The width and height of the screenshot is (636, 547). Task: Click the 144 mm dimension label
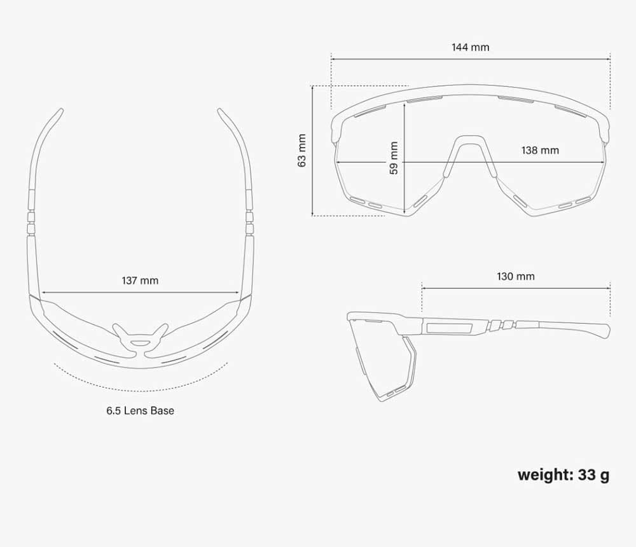(471, 47)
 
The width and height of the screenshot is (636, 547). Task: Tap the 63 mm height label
(301, 150)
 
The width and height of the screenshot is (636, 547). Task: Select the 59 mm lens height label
(394, 158)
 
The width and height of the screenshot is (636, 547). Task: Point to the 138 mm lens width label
(540, 150)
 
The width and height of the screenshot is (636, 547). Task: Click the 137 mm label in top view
(140, 280)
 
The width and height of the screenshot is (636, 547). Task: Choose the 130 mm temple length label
(516, 276)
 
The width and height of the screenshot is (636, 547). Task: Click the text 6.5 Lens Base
(141, 410)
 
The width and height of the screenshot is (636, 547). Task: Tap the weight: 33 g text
(563, 474)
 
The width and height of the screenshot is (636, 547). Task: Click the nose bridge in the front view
(469, 140)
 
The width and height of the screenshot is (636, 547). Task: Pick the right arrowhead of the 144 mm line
(608, 59)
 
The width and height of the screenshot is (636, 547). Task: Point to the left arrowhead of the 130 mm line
(424, 289)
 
